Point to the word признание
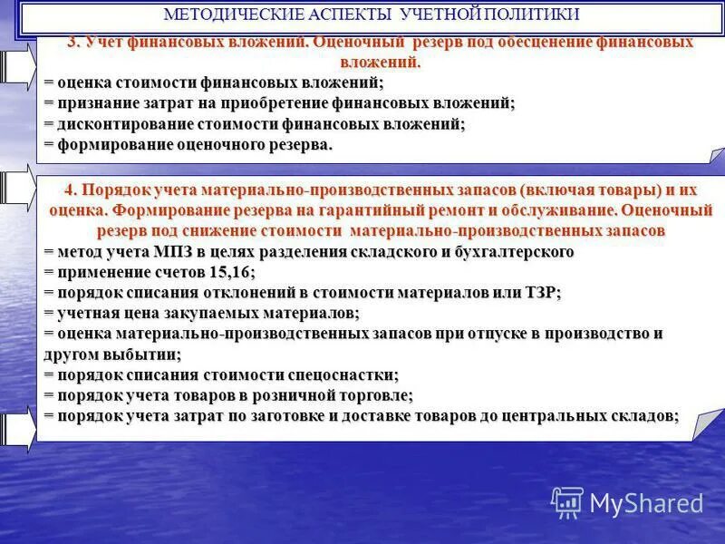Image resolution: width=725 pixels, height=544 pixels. tap(92, 103)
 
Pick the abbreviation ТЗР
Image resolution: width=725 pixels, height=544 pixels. tap(541, 292)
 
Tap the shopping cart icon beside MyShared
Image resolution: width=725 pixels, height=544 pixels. tap(567, 501)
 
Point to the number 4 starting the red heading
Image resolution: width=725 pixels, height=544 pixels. tap(70, 190)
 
